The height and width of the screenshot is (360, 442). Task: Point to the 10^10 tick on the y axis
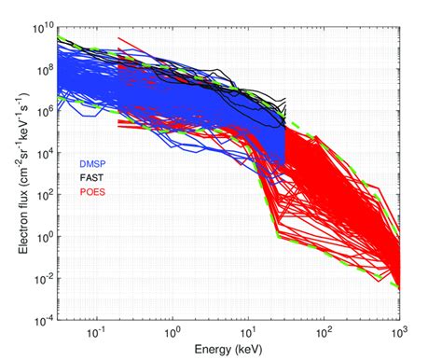coord(39,27)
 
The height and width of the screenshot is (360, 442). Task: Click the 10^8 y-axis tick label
coord(41,68)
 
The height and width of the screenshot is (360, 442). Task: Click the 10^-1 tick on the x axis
coord(94,332)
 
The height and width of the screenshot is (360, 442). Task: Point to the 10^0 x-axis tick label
coord(172,332)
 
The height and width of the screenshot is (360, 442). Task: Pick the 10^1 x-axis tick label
coord(248,332)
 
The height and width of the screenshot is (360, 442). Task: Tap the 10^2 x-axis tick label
coord(325,332)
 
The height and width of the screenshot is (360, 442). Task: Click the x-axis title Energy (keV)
coord(229,350)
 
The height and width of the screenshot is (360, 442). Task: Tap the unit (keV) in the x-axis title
coord(249,350)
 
